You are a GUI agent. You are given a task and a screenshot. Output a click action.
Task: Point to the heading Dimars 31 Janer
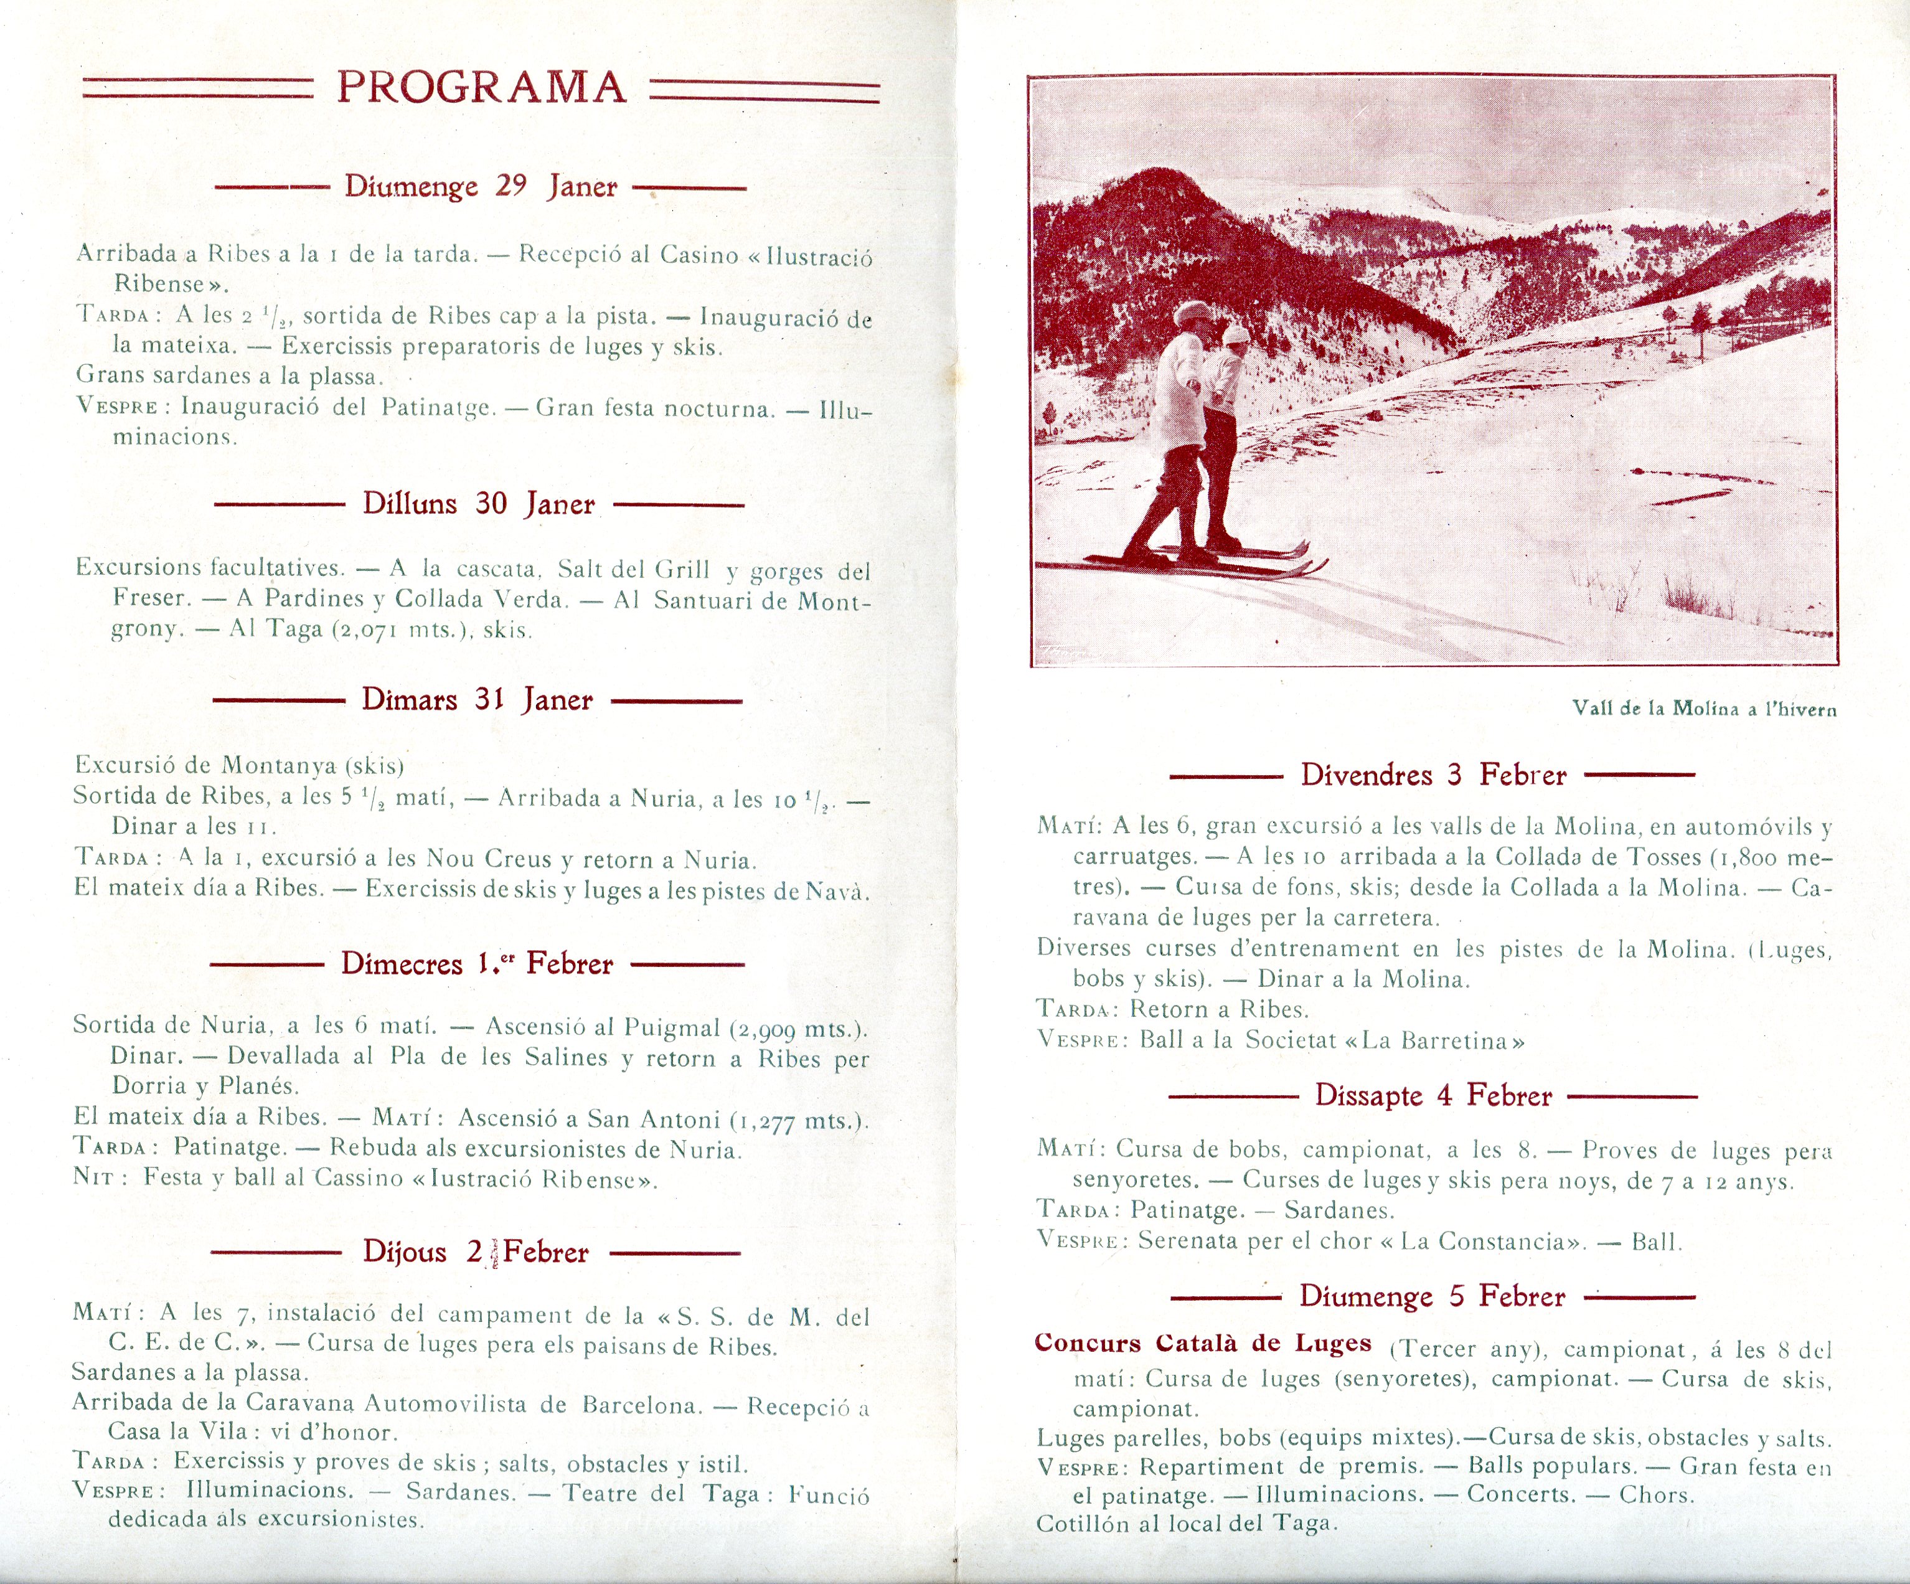point(478,700)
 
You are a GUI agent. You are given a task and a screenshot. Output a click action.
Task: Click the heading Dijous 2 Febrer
point(476,1252)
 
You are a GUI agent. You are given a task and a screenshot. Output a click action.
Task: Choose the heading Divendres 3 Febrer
point(1433,775)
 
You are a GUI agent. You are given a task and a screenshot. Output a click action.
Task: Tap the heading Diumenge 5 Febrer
point(1432,1296)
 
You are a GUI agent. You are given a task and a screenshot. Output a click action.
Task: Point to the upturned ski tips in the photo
point(1306,557)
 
